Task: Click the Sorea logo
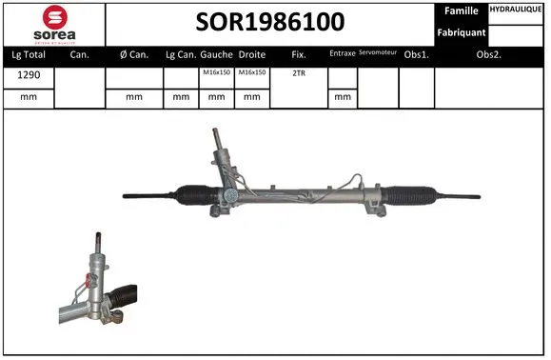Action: click(x=53, y=23)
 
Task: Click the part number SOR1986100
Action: click(x=271, y=22)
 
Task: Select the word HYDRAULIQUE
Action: click(x=517, y=9)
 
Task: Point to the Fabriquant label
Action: click(x=462, y=32)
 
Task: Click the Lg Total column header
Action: click(x=28, y=55)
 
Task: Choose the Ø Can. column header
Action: click(x=134, y=55)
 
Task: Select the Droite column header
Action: click(x=252, y=55)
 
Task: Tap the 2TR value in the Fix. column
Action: click(x=299, y=72)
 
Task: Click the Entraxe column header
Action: click(x=342, y=55)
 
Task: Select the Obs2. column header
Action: click(x=489, y=55)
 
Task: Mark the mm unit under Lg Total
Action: click(x=28, y=96)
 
